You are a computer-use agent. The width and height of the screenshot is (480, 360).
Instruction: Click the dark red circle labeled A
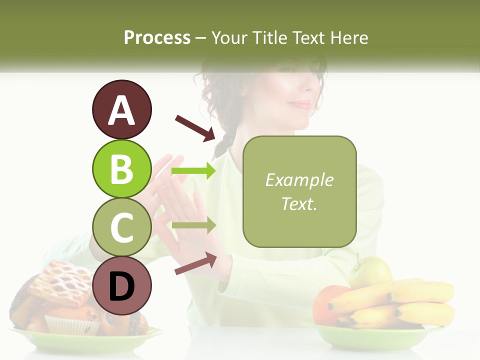(121, 109)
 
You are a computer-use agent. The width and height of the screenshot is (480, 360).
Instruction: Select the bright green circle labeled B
(121, 168)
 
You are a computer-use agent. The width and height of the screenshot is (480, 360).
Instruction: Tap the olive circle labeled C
(121, 227)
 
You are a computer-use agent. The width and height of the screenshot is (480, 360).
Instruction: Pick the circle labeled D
(121, 285)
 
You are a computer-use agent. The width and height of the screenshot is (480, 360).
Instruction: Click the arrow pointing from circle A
(195, 128)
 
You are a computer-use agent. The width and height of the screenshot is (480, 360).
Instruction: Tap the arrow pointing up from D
(195, 263)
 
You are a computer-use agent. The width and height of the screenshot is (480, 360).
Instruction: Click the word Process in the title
(157, 37)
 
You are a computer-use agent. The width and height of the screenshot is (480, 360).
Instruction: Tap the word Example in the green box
(299, 180)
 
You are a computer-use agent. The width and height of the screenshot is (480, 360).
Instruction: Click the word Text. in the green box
(299, 203)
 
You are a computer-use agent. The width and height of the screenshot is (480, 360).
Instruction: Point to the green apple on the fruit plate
(370, 272)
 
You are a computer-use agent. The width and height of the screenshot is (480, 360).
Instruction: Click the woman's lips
(301, 104)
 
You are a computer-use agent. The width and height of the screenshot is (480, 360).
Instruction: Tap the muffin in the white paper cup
(72, 320)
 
